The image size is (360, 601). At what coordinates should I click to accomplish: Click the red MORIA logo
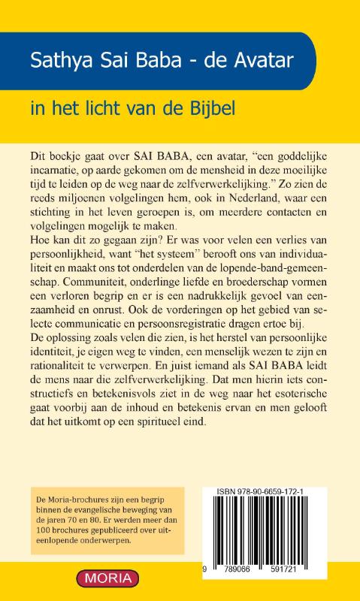coord(107,578)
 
